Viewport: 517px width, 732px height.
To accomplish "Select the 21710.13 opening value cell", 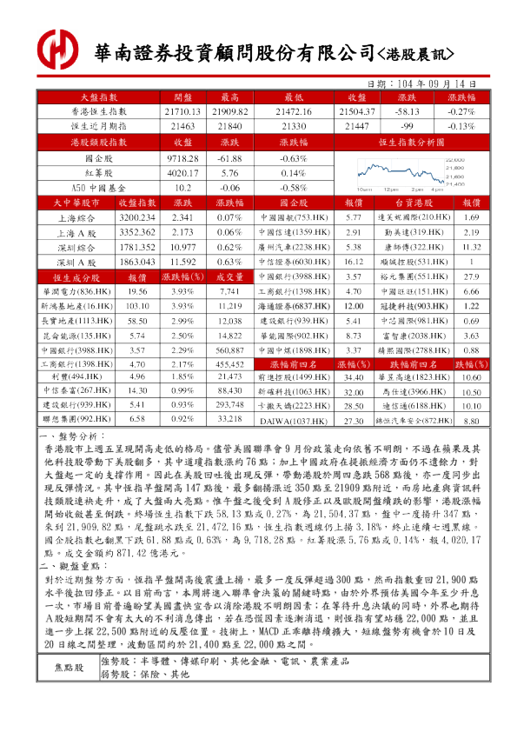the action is click(182, 112).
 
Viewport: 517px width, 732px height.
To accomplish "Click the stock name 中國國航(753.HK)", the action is click(291, 216).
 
